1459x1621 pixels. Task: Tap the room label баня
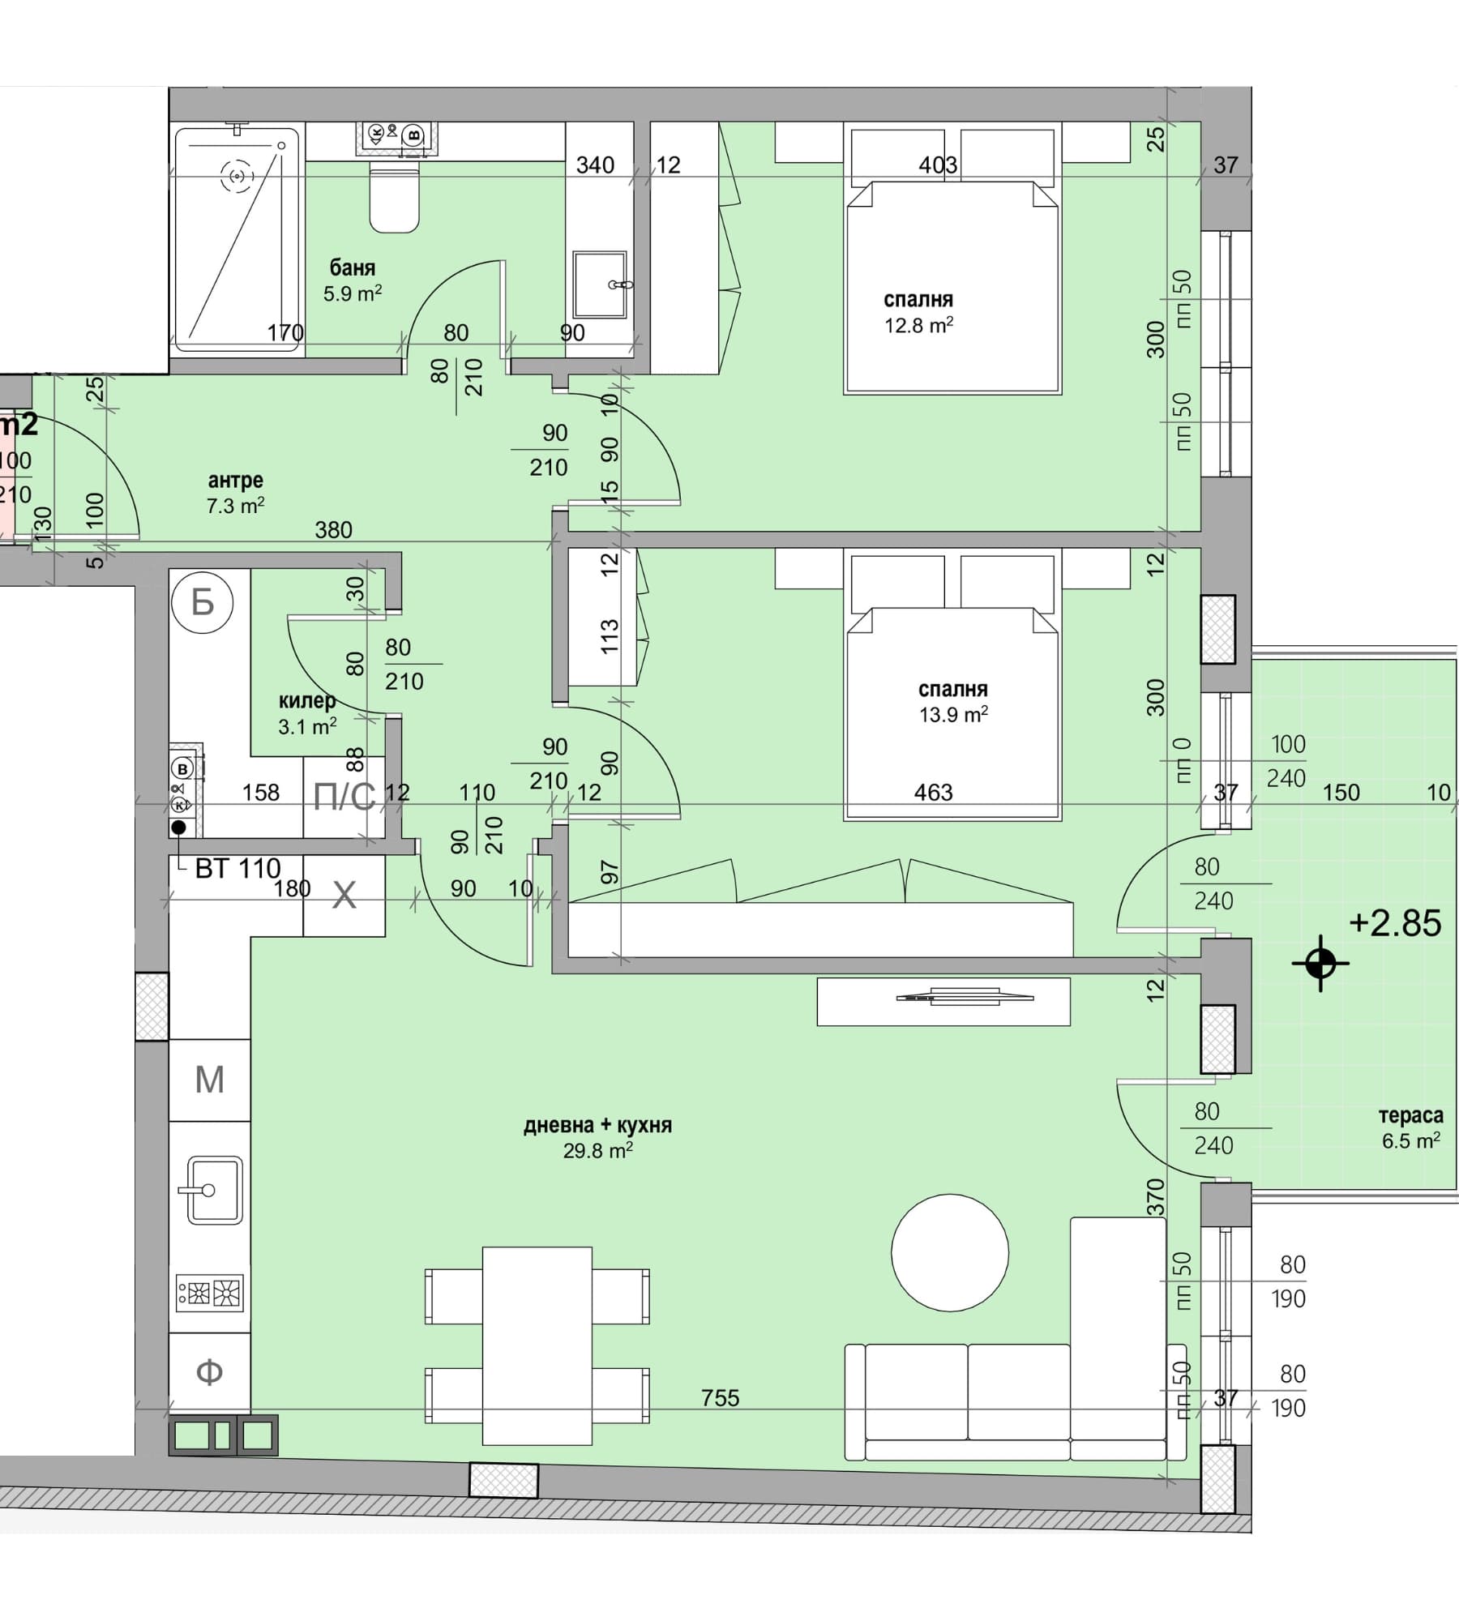point(353,267)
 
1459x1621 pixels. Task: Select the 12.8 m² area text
point(918,326)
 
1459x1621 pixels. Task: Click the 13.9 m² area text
point(953,715)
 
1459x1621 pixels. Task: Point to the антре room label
point(236,481)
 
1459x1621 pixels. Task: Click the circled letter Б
point(202,602)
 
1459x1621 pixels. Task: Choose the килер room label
point(307,701)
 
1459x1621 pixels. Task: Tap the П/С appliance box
point(344,798)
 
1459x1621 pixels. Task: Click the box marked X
point(344,896)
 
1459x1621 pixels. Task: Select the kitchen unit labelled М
point(210,1080)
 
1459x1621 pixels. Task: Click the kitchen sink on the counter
point(211,1190)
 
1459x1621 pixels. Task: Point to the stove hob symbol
point(210,1293)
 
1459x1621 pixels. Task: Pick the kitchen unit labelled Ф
point(210,1372)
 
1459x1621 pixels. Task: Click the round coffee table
point(950,1253)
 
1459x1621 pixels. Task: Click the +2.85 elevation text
point(1395,923)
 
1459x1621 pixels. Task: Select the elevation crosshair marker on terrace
point(1320,964)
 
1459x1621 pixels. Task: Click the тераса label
point(1411,1116)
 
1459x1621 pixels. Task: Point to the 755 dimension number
point(721,1398)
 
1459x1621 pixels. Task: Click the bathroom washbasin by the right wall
point(601,284)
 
